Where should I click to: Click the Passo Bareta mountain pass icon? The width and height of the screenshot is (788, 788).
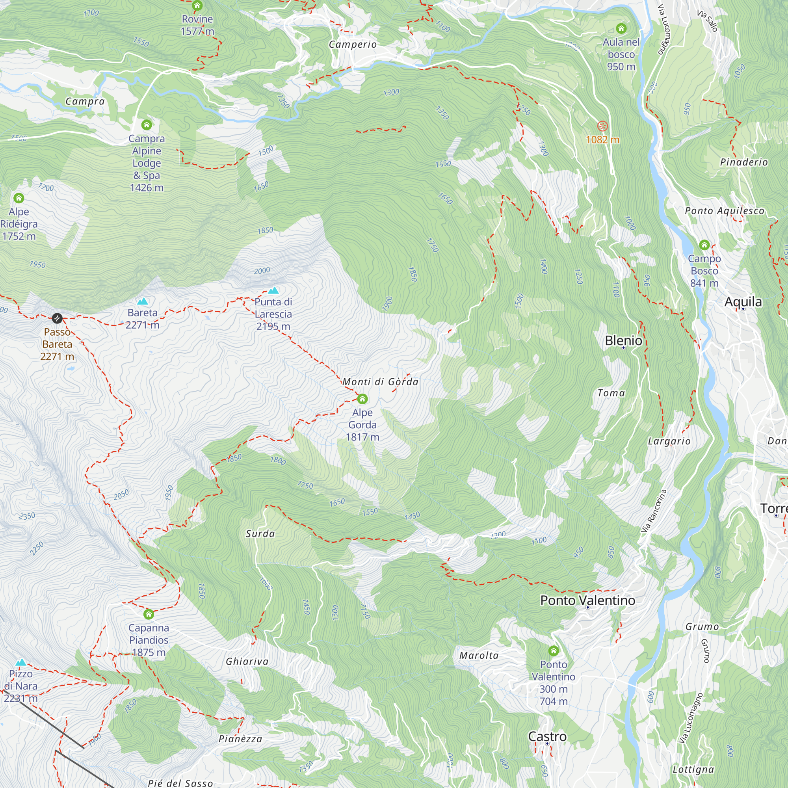pos(57,318)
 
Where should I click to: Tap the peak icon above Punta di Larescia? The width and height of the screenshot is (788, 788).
pos(273,290)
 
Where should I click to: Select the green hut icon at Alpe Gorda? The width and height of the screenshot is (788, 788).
pos(362,399)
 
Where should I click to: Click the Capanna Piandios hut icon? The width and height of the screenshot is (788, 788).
pos(149,614)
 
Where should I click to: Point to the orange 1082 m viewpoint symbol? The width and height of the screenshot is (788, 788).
pos(602,126)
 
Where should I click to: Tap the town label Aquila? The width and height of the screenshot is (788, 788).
pos(743,302)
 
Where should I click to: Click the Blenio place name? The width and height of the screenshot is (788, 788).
pos(623,340)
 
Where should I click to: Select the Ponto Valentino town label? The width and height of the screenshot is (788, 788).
pos(587,600)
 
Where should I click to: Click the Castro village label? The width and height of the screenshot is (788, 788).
pos(547,737)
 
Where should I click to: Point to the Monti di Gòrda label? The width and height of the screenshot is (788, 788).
pos(380,382)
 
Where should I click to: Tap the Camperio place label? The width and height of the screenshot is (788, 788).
pos(353,44)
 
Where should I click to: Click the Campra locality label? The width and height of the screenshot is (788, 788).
pos(85,101)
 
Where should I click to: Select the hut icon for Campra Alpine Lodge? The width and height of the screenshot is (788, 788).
pos(147,125)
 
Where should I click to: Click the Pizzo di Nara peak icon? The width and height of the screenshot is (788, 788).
pos(20,662)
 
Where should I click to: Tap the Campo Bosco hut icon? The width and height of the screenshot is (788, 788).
pos(704,245)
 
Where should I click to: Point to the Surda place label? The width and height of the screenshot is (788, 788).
pos(260,533)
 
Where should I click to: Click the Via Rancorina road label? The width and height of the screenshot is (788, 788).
pos(653,511)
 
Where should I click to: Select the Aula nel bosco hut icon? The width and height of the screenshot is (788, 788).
pos(621,28)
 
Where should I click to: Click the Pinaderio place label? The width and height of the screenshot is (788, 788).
pos(743,162)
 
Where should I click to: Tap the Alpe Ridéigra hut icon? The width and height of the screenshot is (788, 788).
pos(19,198)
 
